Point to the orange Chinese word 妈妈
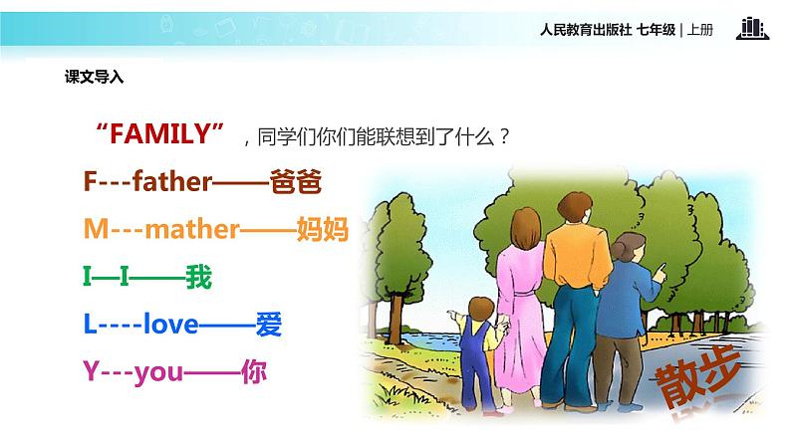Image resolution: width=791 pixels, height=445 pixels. [321, 230]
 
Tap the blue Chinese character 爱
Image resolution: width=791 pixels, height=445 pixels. [269, 325]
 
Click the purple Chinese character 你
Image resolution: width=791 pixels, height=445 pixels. [255, 372]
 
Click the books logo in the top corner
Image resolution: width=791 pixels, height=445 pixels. [754, 28]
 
